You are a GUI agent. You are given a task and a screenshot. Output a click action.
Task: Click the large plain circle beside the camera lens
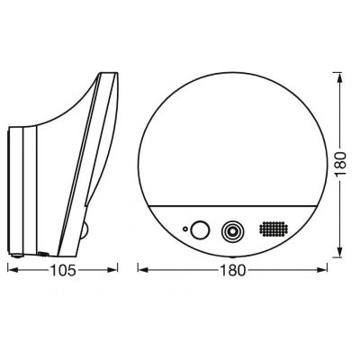tap(198, 229)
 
